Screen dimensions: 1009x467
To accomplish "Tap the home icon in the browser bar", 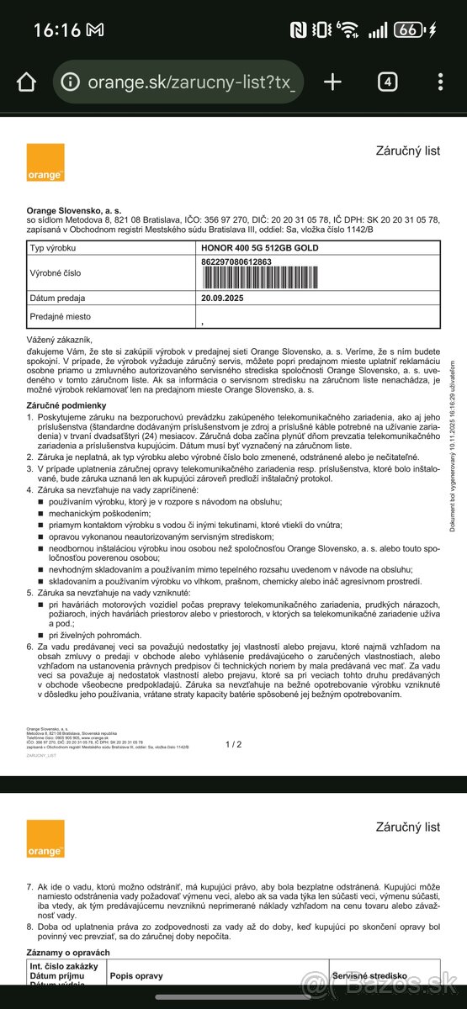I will coord(27,82).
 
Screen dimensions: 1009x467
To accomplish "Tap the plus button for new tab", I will coord(333,82).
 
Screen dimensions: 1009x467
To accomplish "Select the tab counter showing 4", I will coord(387,82).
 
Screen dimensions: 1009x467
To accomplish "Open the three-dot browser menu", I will coord(440,82).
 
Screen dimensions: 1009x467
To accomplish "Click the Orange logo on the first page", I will coord(45,162).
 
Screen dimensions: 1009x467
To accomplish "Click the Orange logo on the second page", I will coord(45,838).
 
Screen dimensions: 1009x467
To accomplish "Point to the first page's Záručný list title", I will coord(407,151).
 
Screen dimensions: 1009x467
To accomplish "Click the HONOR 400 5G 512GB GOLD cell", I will coord(261,247).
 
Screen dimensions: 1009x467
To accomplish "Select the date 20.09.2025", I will coord(222,298).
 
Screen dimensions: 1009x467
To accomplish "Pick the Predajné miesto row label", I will coord(60,317).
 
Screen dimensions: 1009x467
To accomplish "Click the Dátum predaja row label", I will coord(59,298).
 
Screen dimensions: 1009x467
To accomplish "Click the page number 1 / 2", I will coord(233,744).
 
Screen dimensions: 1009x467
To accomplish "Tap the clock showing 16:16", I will coord(57,30).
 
